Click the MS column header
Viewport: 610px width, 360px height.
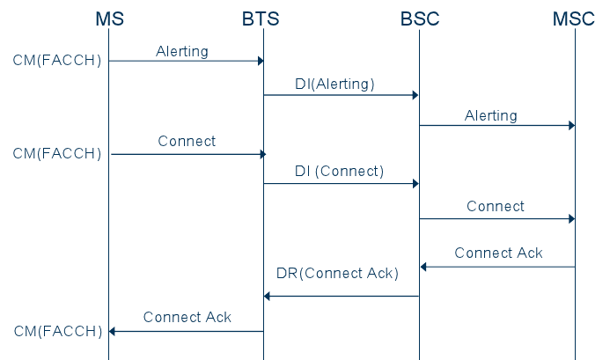tap(109, 18)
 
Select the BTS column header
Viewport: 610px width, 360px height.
tap(261, 18)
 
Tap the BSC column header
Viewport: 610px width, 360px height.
tap(418, 18)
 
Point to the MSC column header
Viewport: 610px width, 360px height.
tap(574, 18)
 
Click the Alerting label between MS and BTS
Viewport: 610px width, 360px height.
tap(182, 51)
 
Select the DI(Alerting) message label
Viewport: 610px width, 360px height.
tap(334, 84)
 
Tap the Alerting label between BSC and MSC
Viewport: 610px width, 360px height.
tap(491, 115)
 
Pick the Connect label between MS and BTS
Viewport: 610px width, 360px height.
tap(187, 141)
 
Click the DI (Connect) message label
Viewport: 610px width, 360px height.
tap(339, 171)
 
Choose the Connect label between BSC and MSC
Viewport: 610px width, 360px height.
tap(496, 206)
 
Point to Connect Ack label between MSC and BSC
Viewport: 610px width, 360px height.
tap(498, 253)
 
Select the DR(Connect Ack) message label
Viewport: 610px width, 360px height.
tap(337, 274)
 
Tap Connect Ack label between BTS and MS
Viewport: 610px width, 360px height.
tap(187, 317)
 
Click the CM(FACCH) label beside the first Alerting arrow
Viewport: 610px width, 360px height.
tap(57, 61)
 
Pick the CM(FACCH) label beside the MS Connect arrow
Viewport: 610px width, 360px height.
tap(57, 154)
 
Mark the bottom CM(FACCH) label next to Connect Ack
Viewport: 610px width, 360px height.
tap(57, 331)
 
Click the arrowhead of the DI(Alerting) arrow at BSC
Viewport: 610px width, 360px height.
tap(415, 95)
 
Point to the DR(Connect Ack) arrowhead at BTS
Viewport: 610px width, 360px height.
tap(268, 296)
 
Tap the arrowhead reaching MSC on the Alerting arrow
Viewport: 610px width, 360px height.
tap(570, 125)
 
